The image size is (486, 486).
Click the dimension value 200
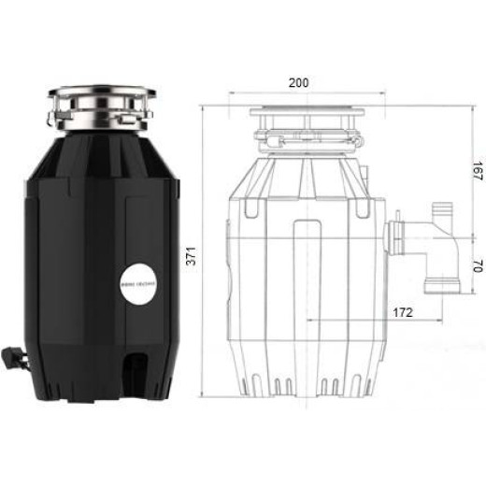point(299,82)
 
